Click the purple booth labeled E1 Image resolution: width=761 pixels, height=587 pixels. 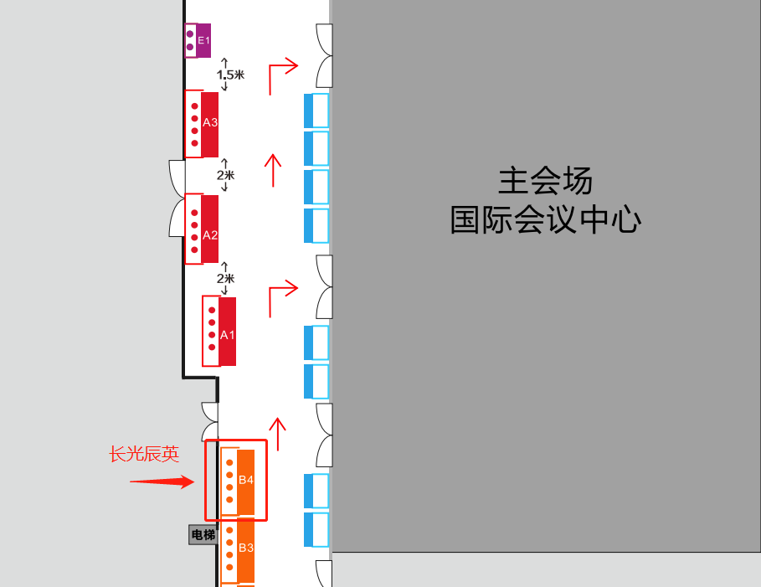click(198, 40)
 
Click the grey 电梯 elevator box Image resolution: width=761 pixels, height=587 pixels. click(203, 534)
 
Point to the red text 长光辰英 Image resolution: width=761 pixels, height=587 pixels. click(144, 454)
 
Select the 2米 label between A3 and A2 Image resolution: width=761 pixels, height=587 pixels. click(225, 176)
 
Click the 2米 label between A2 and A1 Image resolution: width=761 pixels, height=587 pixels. click(225, 278)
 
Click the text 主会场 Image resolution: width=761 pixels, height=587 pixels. click(545, 181)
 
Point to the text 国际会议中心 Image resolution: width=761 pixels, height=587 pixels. click(545, 220)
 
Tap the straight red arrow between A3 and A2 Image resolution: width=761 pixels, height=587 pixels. click(273, 170)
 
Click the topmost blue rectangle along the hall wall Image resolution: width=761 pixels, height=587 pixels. click(316, 110)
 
